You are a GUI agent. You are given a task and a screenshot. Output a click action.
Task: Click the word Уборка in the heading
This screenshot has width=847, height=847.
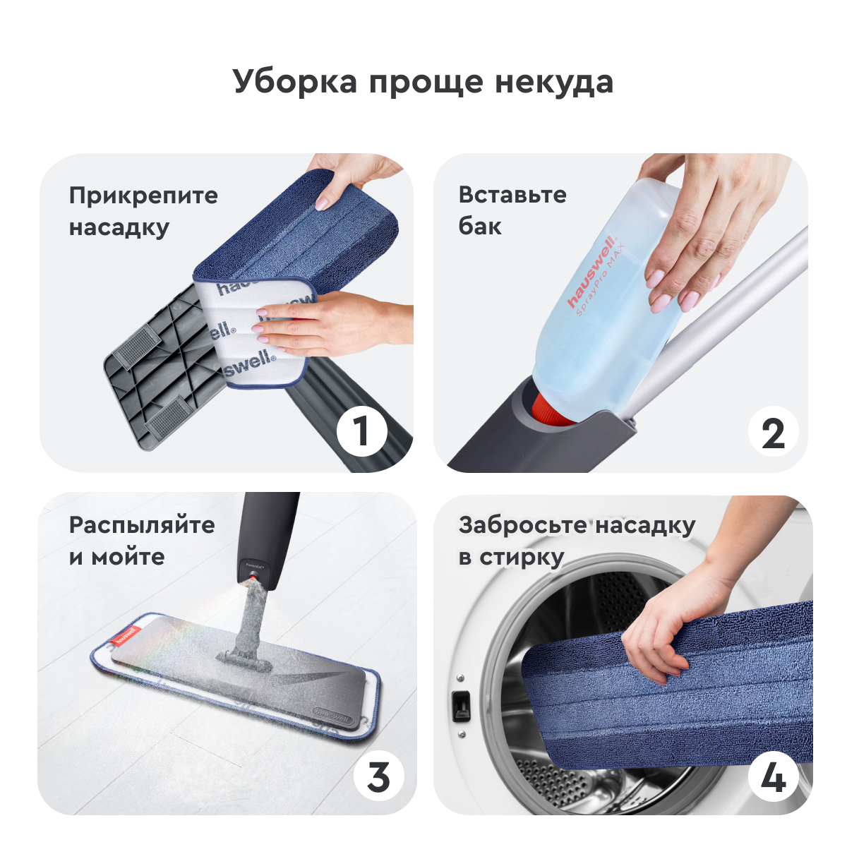pos(295,82)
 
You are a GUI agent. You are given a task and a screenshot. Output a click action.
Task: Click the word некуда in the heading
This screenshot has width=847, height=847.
pos(554,83)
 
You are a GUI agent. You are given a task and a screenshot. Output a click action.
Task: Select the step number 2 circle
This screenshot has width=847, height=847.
pos(773,432)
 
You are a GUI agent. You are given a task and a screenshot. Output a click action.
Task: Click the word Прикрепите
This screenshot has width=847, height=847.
pos(143,196)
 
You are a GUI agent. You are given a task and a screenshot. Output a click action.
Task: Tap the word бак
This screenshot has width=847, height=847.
pos(480,227)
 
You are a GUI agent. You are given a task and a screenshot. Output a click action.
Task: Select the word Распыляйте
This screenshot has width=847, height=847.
pos(142,526)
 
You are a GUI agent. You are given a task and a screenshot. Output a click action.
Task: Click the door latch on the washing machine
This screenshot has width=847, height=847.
pos(461,705)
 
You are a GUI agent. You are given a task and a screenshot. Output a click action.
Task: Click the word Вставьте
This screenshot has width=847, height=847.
pos(512,195)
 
